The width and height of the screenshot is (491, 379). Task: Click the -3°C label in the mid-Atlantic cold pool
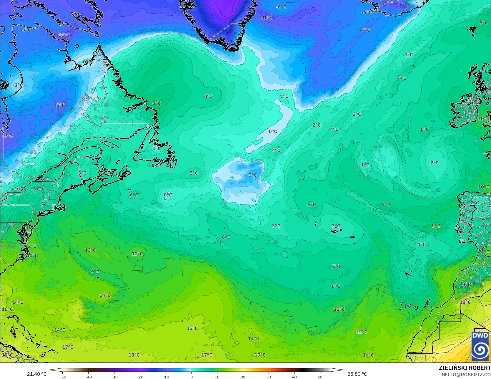click(x=252, y=175)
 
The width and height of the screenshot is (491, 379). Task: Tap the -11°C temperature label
click(x=63, y=35)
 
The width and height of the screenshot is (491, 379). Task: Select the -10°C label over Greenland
click(x=267, y=18)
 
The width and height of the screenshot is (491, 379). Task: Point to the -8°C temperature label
click(x=60, y=105)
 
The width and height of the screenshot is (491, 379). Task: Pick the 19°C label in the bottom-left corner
click(x=7, y=355)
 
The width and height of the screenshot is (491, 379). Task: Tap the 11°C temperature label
click(x=484, y=252)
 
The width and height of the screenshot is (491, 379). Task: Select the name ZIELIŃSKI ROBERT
click(x=465, y=368)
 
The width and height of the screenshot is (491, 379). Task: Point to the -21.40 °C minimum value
click(x=36, y=374)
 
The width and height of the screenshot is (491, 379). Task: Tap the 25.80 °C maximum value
click(x=357, y=374)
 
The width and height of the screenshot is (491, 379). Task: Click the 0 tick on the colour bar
click(x=192, y=377)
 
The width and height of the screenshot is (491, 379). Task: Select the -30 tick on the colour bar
click(x=114, y=377)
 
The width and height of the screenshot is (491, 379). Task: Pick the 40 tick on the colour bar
click(x=294, y=377)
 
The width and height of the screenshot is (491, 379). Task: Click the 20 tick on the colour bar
click(x=243, y=377)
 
